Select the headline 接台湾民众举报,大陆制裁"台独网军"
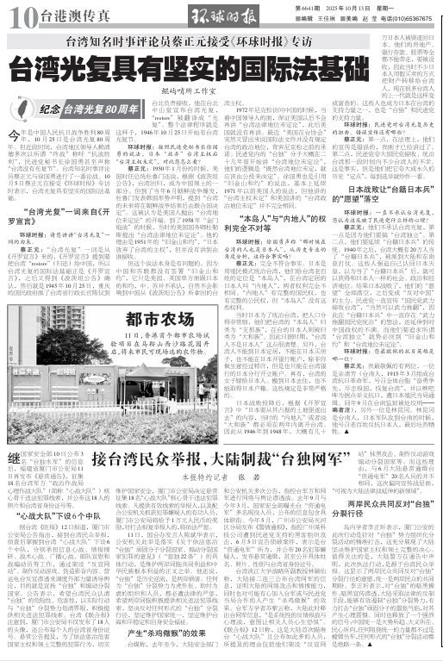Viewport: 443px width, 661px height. click(x=209, y=458)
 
